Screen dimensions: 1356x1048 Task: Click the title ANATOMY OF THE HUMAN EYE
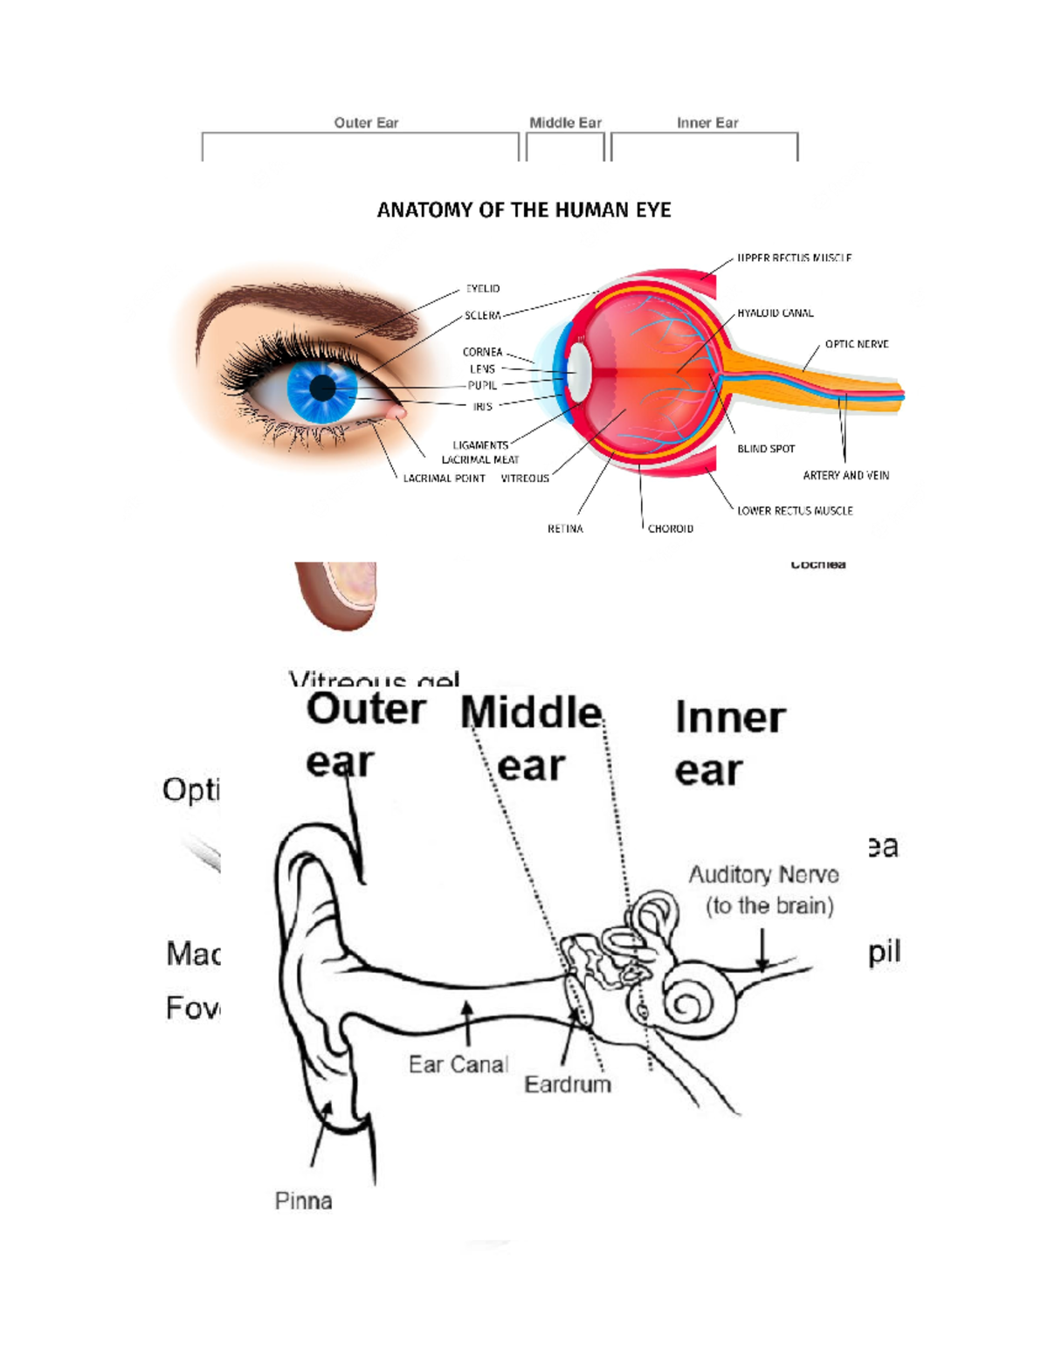point(523,210)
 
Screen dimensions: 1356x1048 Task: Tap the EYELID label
point(482,288)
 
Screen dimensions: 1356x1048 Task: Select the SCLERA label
point(482,315)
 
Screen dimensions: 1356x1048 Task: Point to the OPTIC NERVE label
point(856,344)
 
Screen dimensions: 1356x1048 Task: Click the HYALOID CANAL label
point(775,313)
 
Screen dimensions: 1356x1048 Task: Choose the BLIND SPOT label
point(766,449)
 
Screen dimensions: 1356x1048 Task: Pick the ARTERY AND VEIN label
point(845,476)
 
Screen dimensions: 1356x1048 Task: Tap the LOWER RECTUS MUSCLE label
point(795,511)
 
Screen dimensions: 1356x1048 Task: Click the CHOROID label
point(670,529)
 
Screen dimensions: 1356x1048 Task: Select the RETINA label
point(565,529)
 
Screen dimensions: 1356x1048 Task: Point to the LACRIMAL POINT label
point(444,478)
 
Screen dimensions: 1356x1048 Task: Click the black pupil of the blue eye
point(322,389)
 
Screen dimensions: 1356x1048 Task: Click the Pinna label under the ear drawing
point(303,1201)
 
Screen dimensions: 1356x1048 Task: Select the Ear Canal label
point(458,1064)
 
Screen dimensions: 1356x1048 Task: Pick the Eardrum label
point(567,1084)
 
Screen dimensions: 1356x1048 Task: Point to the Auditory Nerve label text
point(763,875)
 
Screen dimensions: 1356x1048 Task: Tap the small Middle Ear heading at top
point(565,123)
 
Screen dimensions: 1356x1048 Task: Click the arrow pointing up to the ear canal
point(468,1022)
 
